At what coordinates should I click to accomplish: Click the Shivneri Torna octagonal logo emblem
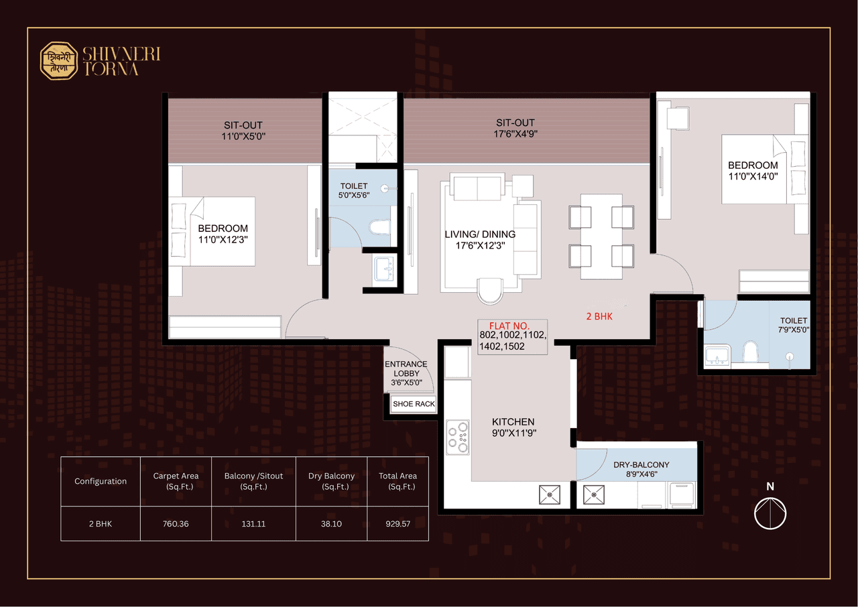pos(59,62)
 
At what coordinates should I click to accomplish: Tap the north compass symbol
pos(770,514)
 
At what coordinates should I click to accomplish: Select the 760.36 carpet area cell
pos(176,523)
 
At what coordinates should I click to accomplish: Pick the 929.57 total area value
pos(397,523)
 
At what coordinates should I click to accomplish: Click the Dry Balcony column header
pos(332,481)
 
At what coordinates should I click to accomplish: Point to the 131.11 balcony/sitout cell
pos(253,523)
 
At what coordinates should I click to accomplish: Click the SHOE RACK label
pos(414,404)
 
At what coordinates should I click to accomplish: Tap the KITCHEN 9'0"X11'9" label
pos(513,427)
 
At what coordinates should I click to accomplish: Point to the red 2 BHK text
pos(599,316)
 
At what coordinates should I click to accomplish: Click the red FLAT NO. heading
pos(509,326)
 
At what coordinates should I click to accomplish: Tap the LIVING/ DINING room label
pos(480,234)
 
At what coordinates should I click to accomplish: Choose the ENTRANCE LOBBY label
pos(406,369)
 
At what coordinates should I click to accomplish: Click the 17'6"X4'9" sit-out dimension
pos(515,133)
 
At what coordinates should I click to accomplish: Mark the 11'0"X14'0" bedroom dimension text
pos(753,176)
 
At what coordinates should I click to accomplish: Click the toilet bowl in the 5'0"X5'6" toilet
pos(380,228)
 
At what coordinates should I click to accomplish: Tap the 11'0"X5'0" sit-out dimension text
pos(243,136)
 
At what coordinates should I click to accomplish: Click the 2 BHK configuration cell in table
pos(101,523)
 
